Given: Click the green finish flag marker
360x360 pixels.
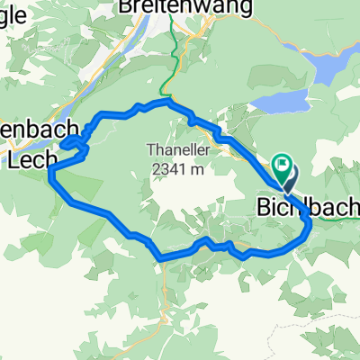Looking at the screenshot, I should (283, 165).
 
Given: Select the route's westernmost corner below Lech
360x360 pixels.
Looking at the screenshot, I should (51, 169).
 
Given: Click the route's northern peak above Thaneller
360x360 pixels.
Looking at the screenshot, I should (165, 103).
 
